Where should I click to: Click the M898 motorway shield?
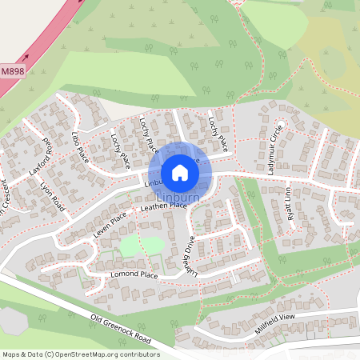pos(12,71)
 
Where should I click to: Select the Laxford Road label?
pos(39,161)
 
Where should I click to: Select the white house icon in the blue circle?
pos(180,173)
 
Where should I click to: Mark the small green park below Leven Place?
pos(133,245)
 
